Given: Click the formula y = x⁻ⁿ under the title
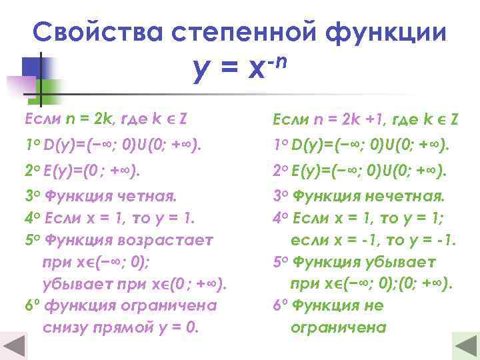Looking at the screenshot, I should [x=239, y=67].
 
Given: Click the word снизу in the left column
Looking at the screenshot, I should [x=65, y=327].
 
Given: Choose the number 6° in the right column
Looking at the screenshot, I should [x=280, y=305].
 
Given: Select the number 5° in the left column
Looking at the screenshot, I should [x=31, y=239].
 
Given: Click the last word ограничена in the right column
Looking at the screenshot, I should [x=339, y=327].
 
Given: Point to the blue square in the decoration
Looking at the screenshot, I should [x=31, y=66].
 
